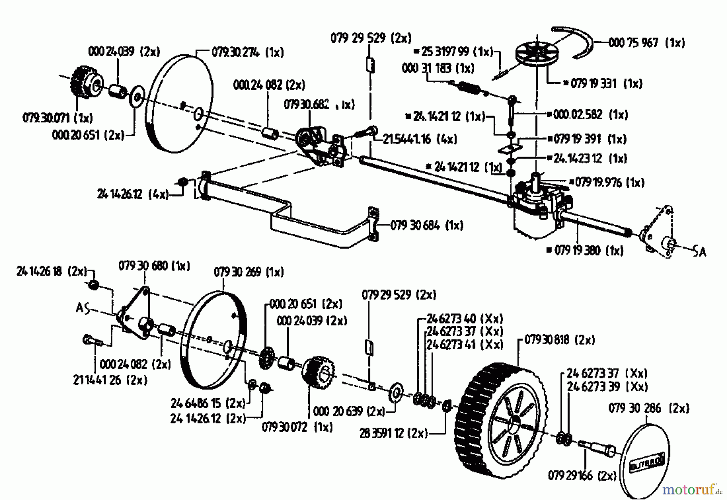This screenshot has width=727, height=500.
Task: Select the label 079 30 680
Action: [x=154, y=266]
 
